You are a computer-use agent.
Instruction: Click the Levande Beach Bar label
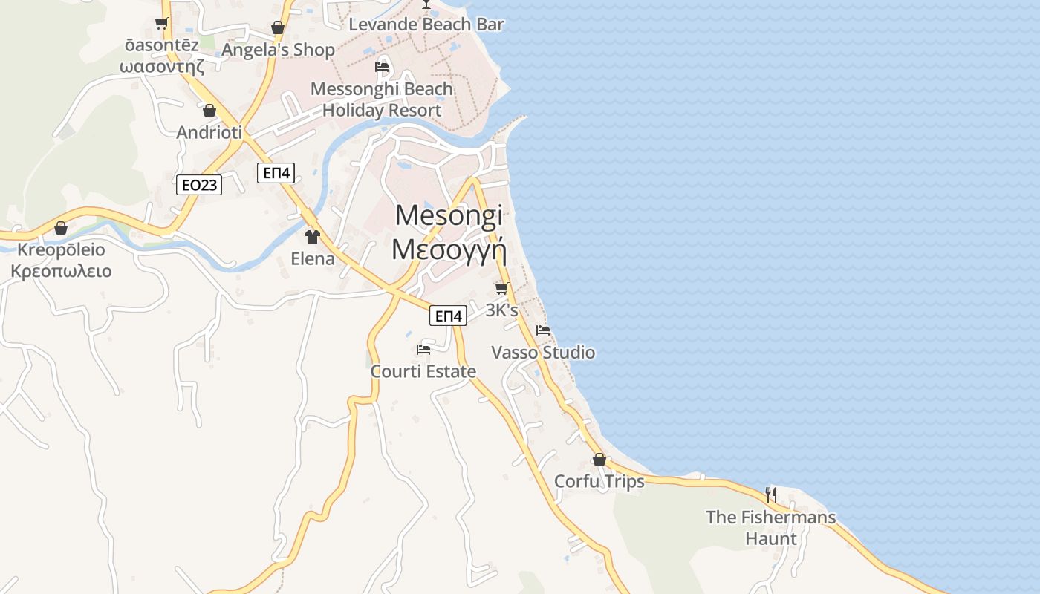tap(426, 25)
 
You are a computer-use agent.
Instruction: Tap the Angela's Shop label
tap(279, 50)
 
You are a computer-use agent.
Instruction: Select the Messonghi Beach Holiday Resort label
tap(382, 99)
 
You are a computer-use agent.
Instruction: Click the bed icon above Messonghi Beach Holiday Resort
tap(382, 67)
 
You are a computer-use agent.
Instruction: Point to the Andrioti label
tap(209, 133)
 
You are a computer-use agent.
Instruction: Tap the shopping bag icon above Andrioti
tap(209, 111)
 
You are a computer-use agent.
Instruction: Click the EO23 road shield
tap(199, 184)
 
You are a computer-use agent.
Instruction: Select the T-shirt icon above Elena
tap(313, 237)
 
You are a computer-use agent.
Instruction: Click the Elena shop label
tap(313, 259)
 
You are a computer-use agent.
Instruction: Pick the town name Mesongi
tap(449, 215)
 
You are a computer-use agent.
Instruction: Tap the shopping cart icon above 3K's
tap(502, 288)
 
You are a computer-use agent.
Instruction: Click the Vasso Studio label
tap(543, 352)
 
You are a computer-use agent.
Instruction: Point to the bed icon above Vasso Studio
tap(543, 330)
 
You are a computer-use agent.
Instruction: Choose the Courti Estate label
tap(423, 371)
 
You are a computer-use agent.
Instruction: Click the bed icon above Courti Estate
tap(423, 349)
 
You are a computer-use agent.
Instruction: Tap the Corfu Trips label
tap(599, 482)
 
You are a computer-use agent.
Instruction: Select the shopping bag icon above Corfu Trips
tap(599, 460)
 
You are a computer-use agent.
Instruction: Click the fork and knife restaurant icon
tap(771, 495)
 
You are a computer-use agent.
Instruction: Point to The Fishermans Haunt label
tap(771, 528)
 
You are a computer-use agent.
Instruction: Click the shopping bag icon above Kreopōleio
tap(61, 227)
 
